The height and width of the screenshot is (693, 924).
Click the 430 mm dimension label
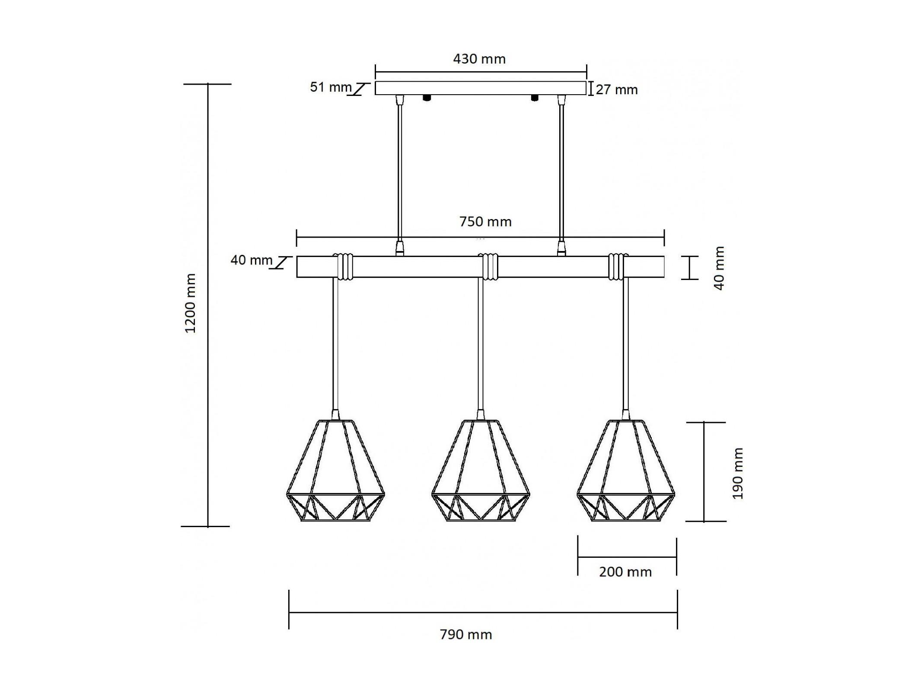pyautogui.click(x=479, y=59)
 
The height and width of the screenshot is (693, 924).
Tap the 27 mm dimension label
pyautogui.click(x=617, y=90)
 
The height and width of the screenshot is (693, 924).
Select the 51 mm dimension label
pyautogui.click(x=331, y=87)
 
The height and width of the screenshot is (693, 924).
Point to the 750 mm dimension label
pyautogui.click(x=485, y=222)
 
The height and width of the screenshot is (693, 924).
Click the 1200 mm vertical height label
pyautogui.click(x=191, y=303)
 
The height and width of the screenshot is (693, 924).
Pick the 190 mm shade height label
pyautogui.click(x=738, y=474)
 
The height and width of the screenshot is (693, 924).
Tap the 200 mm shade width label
pyautogui.click(x=625, y=572)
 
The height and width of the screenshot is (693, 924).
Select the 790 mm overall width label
pyautogui.click(x=466, y=635)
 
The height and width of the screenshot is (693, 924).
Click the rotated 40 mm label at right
pyautogui.click(x=719, y=268)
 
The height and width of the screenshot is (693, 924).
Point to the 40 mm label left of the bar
pyautogui.click(x=252, y=260)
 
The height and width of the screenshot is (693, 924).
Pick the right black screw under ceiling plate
pyautogui.click(x=535, y=98)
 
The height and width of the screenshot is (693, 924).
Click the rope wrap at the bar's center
pyautogui.click(x=490, y=267)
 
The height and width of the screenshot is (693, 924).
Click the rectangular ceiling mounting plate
pyautogui.click(x=481, y=88)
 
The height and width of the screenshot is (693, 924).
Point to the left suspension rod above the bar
pyautogui.click(x=400, y=176)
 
